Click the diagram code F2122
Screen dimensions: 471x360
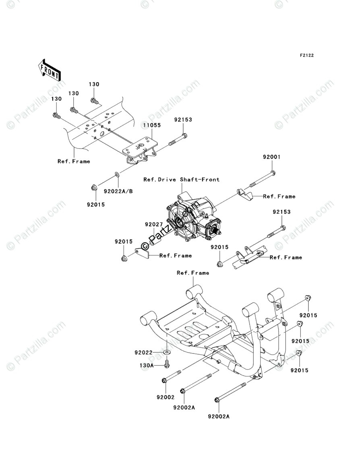point(306,56)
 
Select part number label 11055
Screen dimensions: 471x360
point(153,125)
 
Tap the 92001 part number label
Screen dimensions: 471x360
point(271,157)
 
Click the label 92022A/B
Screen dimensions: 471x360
point(118,191)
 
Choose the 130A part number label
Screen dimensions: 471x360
point(147,365)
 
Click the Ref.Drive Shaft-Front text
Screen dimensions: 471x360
point(182,179)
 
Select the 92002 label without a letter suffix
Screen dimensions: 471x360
point(166,397)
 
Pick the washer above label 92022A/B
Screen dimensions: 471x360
point(116,174)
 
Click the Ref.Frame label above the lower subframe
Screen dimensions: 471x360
point(193,273)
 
